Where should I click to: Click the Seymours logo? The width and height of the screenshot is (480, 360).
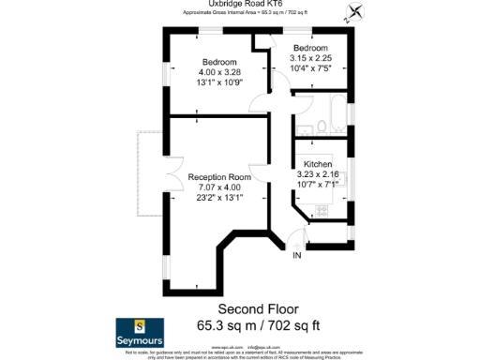[x=141, y=329]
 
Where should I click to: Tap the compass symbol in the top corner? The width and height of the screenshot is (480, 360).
[x=355, y=14]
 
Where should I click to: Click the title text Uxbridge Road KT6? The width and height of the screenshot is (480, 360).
[x=240, y=5]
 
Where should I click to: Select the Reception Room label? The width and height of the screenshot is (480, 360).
[x=219, y=176]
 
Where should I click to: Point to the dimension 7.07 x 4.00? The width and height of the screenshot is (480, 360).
[x=219, y=187]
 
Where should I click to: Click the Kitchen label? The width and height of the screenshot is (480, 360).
[x=318, y=164]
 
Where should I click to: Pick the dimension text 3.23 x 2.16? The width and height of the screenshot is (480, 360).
[x=318, y=174]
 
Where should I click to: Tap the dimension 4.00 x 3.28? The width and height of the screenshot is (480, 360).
[x=220, y=71]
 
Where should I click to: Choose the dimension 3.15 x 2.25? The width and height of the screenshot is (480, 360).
[x=309, y=57]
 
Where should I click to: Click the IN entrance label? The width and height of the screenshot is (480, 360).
[x=297, y=255]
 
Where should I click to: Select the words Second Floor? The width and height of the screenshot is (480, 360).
[x=258, y=308]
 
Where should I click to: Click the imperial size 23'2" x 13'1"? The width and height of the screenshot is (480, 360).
[x=219, y=198]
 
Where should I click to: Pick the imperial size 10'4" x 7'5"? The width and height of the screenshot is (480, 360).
[x=309, y=67]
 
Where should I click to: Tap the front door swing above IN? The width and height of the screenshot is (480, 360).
[x=298, y=241]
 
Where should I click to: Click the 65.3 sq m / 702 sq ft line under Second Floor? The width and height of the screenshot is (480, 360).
[x=258, y=325]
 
